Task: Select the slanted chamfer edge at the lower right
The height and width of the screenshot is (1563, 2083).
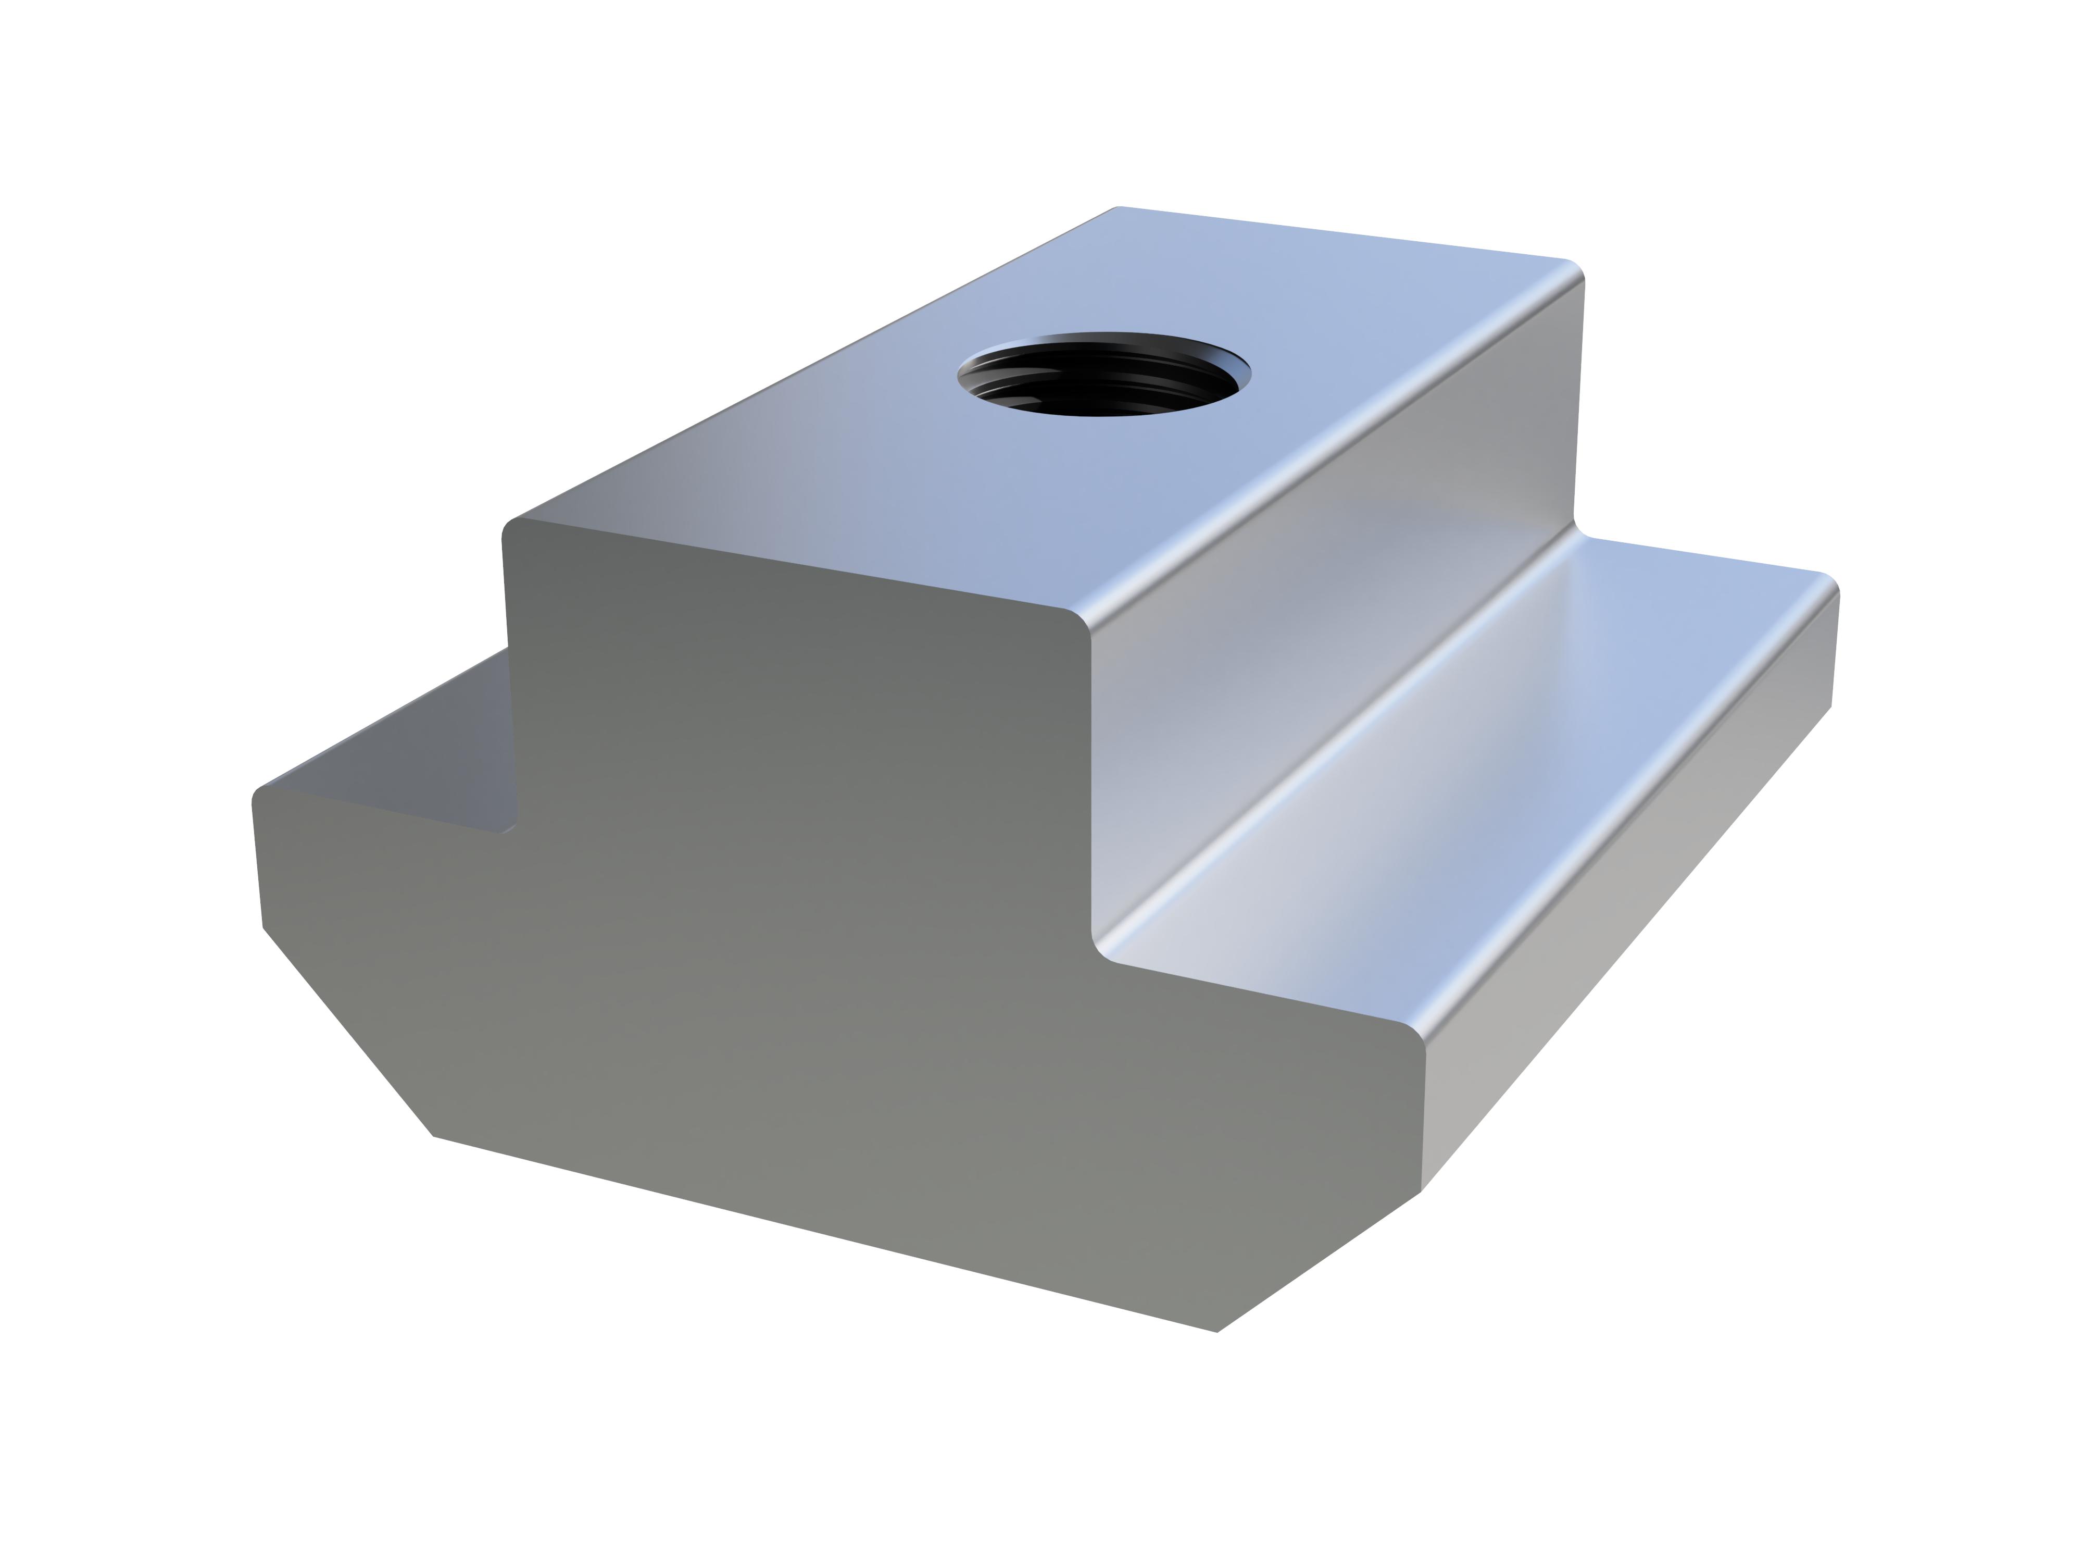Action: pos(1319,1262)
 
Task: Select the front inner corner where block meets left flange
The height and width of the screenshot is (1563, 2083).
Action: pos(508,829)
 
